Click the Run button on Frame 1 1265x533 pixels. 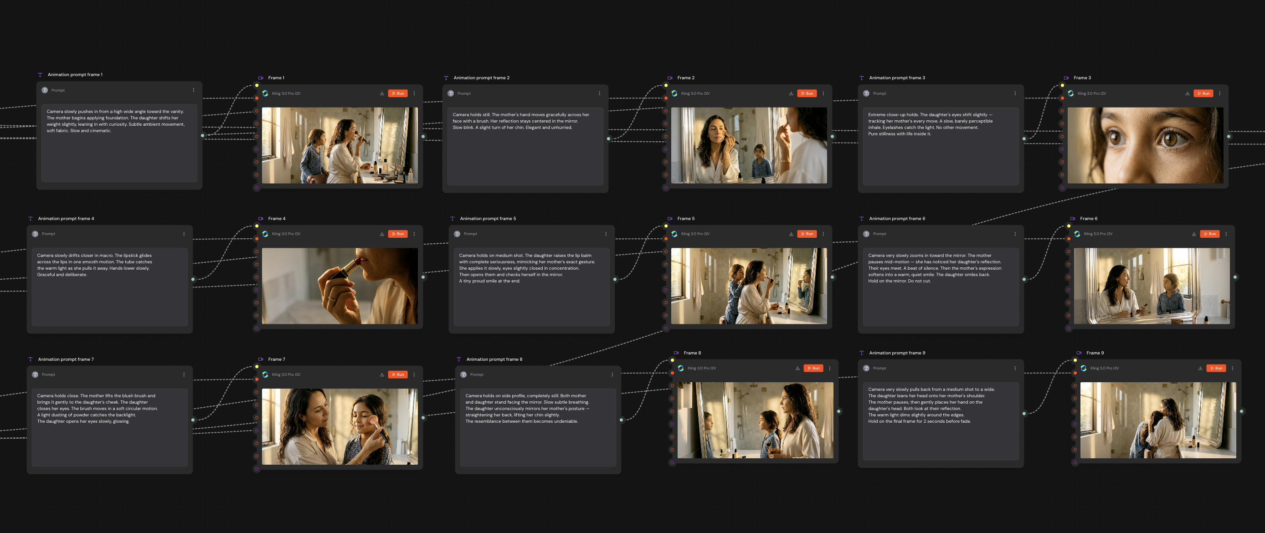[x=398, y=93]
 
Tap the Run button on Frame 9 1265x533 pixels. [x=1216, y=368]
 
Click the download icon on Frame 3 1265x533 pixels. [x=1187, y=93]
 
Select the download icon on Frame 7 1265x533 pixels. [x=381, y=374]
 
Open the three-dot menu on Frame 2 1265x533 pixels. [x=823, y=93]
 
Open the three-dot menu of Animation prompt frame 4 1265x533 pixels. [x=184, y=234]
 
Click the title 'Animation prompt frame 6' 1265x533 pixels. [x=897, y=218]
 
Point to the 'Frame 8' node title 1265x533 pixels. [x=692, y=353]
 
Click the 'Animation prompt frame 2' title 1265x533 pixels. [x=481, y=77]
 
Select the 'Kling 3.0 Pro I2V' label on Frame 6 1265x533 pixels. [x=1098, y=234]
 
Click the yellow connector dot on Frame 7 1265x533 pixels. [x=257, y=366]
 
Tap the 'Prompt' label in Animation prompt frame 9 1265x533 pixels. [x=879, y=368]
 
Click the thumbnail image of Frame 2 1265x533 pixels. [x=748, y=145]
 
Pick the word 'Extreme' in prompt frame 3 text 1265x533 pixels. [x=877, y=115]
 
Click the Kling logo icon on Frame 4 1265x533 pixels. [x=265, y=234]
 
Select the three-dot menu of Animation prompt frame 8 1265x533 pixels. [x=612, y=374]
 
